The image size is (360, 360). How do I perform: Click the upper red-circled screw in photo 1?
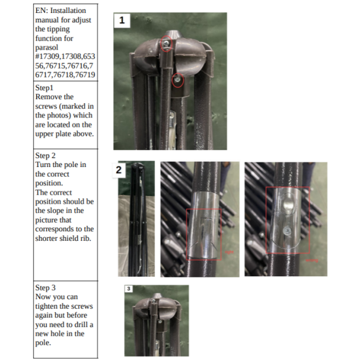point(166,43)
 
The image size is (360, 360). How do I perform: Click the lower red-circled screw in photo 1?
point(178,80)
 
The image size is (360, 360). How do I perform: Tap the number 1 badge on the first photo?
point(122,20)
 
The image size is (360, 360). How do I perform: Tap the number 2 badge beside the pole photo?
point(119,170)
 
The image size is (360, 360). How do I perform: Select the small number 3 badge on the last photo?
point(129,289)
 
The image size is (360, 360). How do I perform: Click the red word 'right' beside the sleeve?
point(229,252)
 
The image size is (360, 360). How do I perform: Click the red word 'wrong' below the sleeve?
point(312,260)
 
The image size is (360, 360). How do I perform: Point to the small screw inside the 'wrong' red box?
point(287,231)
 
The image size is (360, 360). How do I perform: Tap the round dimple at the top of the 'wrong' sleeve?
point(288,204)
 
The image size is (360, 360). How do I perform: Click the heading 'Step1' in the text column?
point(44,88)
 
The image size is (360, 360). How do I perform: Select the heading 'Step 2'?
point(45,155)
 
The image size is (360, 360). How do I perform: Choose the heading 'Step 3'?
point(45,287)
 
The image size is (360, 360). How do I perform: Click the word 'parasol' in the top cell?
point(47,48)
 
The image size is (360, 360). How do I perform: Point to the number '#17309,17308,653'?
point(65,57)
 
